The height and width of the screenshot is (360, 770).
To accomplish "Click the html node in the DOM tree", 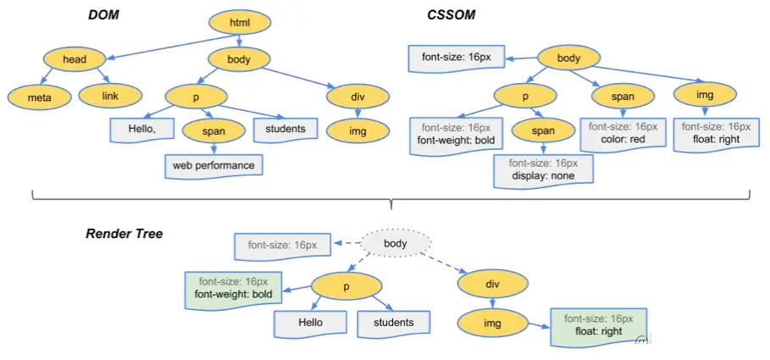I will [x=240, y=23].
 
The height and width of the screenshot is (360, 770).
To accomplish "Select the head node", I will [x=75, y=59].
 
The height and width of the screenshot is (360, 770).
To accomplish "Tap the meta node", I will [x=39, y=97].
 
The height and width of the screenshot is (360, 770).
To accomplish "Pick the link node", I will [x=110, y=96].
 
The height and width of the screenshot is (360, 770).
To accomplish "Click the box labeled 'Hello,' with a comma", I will [x=142, y=129].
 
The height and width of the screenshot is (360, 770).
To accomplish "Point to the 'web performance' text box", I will [x=213, y=165].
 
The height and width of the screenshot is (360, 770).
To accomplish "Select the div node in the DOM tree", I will [x=357, y=96].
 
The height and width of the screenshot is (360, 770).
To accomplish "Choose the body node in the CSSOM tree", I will [x=568, y=59].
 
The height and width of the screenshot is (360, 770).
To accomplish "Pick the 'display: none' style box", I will [x=544, y=169].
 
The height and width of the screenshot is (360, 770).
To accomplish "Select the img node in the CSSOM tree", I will [x=705, y=95].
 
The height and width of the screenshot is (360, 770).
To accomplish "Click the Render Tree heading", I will [x=125, y=233].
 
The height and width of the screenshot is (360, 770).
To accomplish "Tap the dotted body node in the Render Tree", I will [x=396, y=244].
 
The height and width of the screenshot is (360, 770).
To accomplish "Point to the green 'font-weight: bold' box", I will [x=233, y=288].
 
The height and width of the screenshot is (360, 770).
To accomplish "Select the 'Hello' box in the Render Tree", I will [x=310, y=322].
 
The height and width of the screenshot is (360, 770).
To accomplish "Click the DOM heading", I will [x=103, y=15].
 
